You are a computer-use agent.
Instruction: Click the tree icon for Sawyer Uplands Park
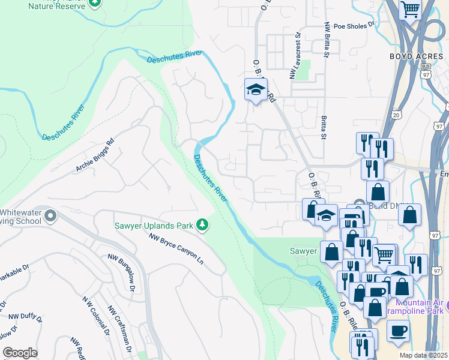tap(203, 225)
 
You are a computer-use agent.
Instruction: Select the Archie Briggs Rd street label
tap(95, 155)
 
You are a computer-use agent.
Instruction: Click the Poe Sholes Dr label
tap(354, 26)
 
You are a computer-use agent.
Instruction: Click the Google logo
tap(20, 353)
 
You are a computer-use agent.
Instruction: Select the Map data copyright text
tap(423, 355)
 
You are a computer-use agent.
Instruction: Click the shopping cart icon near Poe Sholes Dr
tap(411, 8)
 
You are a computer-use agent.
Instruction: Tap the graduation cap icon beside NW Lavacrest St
tap(256, 90)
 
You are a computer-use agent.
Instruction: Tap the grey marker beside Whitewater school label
tap(50, 215)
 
